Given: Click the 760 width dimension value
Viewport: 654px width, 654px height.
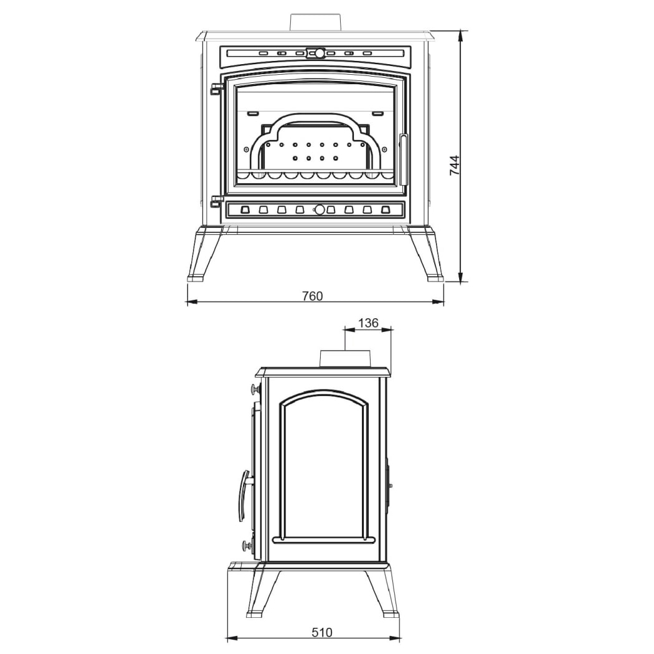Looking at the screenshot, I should tap(313, 296).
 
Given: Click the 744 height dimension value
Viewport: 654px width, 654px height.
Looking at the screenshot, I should tap(455, 165).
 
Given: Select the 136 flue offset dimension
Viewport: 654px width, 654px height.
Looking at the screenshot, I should tap(368, 323).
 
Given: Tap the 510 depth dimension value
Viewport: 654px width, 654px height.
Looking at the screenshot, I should tap(321, 632).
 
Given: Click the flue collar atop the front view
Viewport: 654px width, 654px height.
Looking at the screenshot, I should tap(316, 22).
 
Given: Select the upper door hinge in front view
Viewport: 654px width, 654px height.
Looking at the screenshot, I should tap(216, 89).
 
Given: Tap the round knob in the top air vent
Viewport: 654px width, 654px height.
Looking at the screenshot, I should tap(320, 54).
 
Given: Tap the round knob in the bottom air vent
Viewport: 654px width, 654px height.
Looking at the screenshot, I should tap(320, 210).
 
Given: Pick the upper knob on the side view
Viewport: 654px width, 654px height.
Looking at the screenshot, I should tap(254, 390).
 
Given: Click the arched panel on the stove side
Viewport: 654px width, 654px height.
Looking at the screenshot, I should tap(325, 467).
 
